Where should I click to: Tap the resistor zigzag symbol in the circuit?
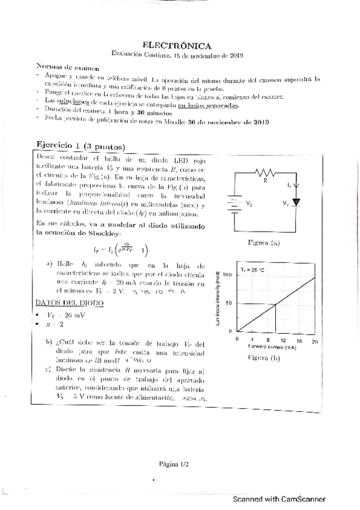pyautogui.click(x=265, y=173)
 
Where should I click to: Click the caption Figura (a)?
pyautogui.click(x=264, y=243)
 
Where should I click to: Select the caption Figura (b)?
pyautogui.click(x=264, y=358)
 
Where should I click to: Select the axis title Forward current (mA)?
pyautogui.click(x=272, y=347)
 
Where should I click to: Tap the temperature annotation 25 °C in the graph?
pyautogui.click(x=252, y=270)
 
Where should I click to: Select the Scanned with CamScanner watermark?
pyautogui.click(x=279, y=499)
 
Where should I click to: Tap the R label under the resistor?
pyautogui.click(x=265, y=179)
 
